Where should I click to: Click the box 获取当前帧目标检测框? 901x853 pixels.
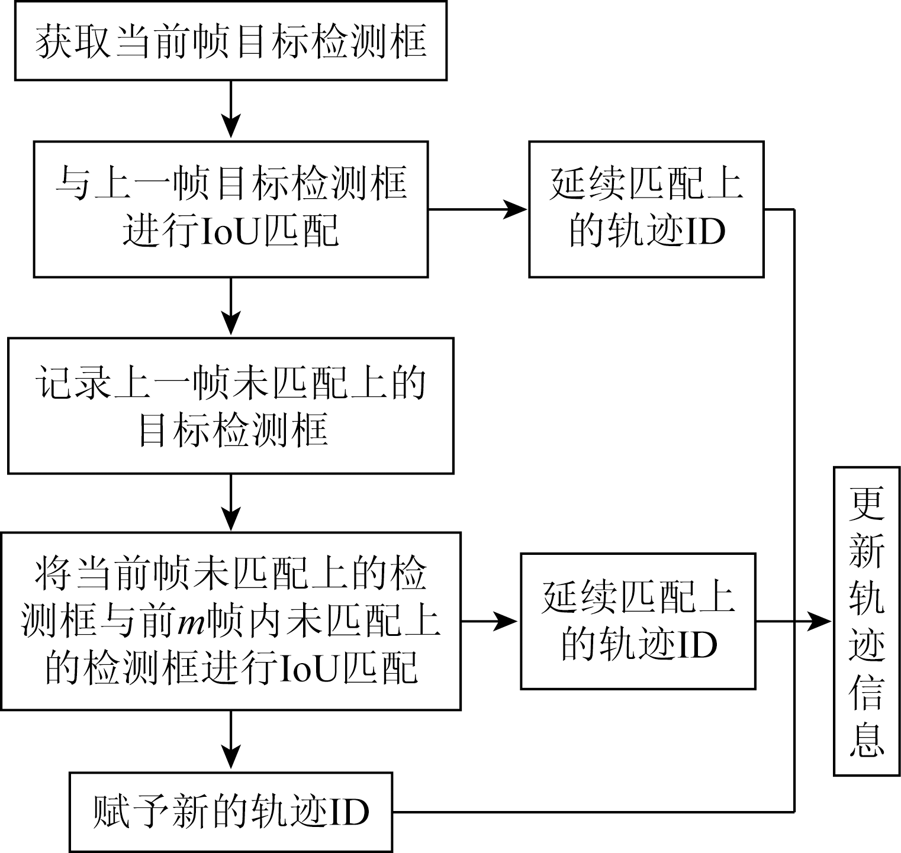(230, 41)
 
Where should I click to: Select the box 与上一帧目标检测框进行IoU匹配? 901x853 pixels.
(230, 209)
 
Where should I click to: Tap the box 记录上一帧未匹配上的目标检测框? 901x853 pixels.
(230, 406)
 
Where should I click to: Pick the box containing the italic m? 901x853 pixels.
(230, 621)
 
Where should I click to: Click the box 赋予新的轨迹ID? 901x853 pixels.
(230, 812)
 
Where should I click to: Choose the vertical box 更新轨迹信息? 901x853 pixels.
(867, 621)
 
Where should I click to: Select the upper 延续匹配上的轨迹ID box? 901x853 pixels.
(646, 209)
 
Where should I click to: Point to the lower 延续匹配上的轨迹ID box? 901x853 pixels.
(638, 621)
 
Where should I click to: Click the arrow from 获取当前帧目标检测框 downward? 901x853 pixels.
(230, 110)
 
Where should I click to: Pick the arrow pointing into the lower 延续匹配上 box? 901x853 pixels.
(490, 621)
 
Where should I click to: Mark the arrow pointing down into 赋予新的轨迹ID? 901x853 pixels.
(230, 741)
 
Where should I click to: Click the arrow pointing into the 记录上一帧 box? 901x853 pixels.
(230, 307)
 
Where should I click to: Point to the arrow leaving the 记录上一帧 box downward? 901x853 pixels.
(230, 503)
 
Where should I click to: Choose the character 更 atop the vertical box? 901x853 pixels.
(867, 505)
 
